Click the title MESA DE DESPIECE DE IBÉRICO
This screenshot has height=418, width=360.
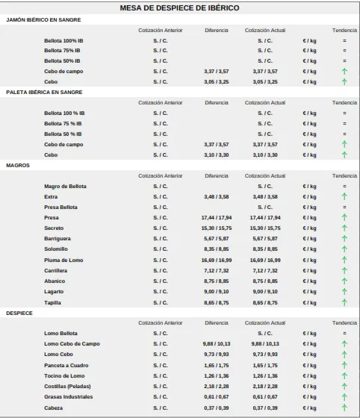pos(179,8)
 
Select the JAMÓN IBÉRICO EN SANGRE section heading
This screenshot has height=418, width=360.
pos(43,19)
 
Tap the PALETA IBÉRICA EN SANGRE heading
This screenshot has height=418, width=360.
pos(44,93)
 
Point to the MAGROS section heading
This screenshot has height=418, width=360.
pos(18,165)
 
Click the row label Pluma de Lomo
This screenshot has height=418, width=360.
pos(63,261)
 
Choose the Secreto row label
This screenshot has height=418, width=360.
pos(54,228)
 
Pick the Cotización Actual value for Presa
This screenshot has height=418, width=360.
pos(265,218)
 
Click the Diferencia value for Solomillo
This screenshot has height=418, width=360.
pos(217,249)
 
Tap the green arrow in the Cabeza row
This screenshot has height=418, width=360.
pos(344,408)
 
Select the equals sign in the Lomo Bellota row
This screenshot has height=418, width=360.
pos(344,333)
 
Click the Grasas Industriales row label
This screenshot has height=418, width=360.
pos(69,397)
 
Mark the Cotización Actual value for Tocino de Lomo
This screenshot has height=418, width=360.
pos(265,376)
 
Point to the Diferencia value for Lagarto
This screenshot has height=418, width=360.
pos(217,292)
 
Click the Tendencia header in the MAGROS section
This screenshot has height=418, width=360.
pos(344,176)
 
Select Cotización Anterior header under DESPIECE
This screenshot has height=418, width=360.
pos(161,322)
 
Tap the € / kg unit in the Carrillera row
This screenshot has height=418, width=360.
pos(309,271)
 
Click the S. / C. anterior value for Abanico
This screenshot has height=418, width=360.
pos(161,281)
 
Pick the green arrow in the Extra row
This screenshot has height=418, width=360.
pos(344,196)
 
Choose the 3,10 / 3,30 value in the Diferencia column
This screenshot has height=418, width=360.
pos(217,155)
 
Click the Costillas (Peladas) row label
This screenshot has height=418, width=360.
pos(67,387)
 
